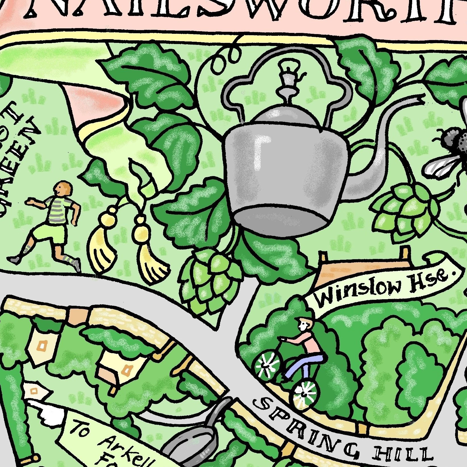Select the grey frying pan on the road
[196, 446]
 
